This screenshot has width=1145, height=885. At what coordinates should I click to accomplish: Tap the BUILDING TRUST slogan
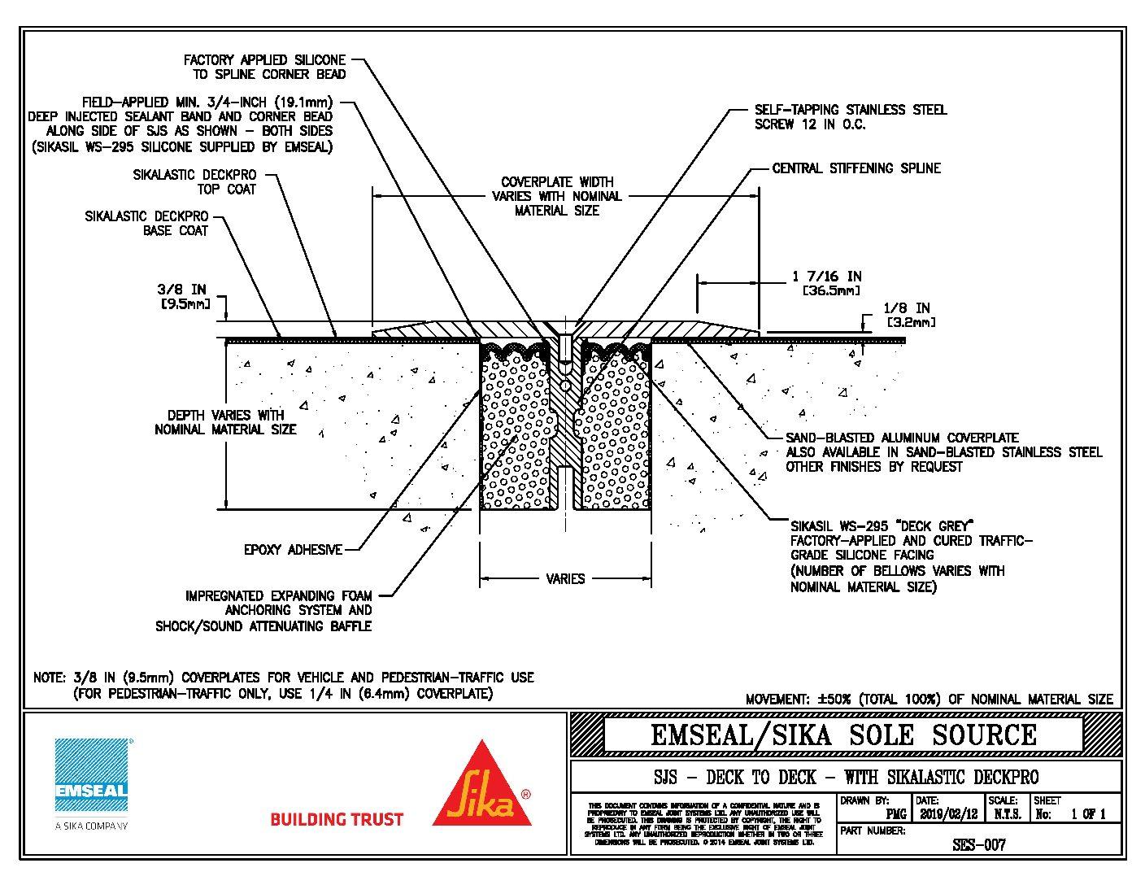336,819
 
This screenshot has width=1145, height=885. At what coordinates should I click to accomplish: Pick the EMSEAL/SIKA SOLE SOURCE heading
843,735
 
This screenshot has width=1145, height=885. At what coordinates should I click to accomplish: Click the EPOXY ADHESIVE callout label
293,550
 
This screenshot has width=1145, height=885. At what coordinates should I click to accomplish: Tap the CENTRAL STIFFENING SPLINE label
856,168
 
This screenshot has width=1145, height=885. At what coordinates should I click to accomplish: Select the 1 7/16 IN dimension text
826,277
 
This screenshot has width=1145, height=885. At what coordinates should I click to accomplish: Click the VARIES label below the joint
565,579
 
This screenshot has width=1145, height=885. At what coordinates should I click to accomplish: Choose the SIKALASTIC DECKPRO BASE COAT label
146,223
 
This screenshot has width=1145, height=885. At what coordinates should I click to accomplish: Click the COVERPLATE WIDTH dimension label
557,196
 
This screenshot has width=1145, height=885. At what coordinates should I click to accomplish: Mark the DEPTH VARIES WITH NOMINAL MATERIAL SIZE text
225,422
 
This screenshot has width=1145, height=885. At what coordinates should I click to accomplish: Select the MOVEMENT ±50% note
929,699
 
